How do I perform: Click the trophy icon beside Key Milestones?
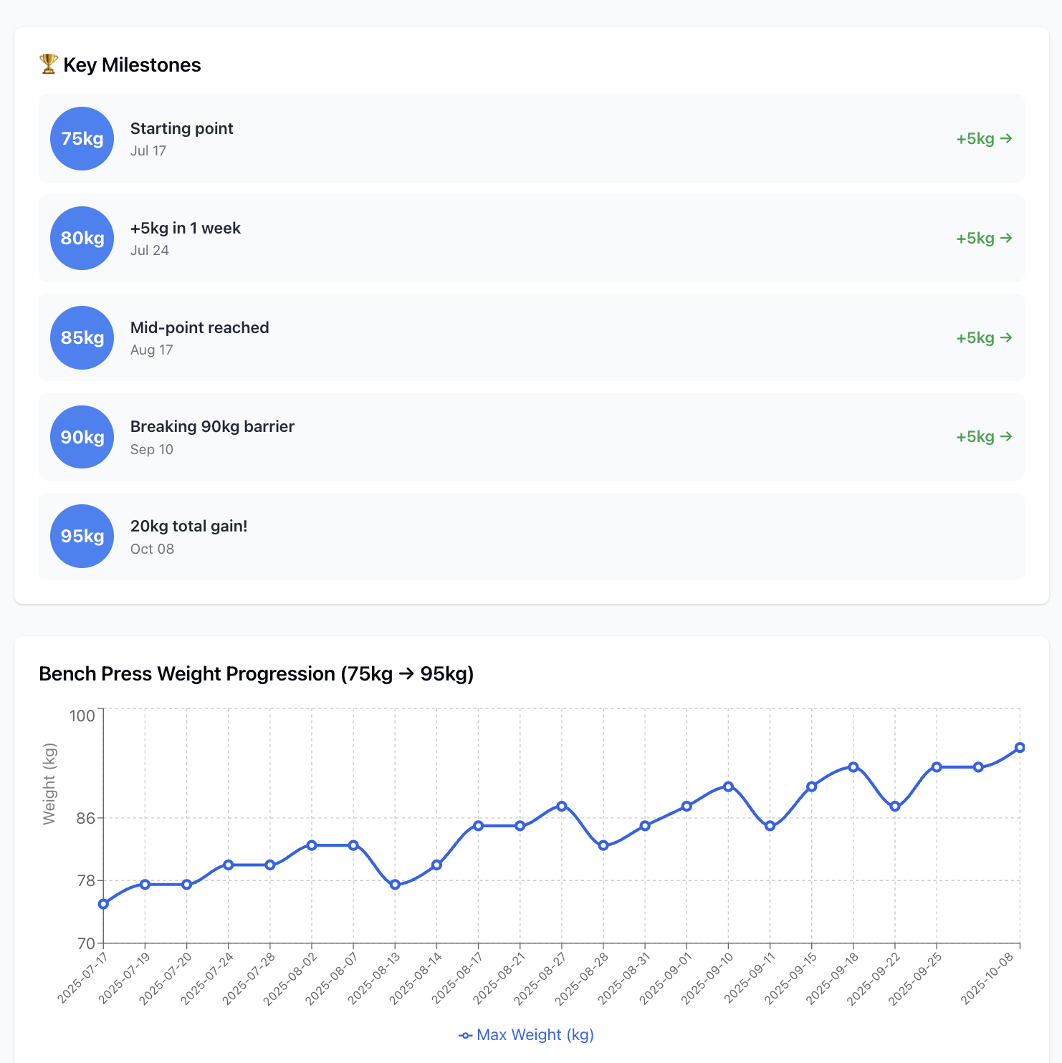[48, 64]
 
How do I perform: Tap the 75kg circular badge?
[82, 139]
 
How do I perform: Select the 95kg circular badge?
[82, 537]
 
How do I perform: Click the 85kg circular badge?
[82, 338]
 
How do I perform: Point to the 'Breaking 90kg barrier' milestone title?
[212, 427]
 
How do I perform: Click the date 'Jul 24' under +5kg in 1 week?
[150, 251]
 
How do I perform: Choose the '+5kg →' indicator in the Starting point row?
[984, 139]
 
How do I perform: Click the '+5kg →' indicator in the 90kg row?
[984, 437]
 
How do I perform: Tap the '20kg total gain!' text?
[188, 526]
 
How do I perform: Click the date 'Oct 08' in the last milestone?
[152, 549]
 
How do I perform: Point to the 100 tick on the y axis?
[82, 716]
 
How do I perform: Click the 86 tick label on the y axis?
[85, 818]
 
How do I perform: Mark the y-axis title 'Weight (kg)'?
[49, 784]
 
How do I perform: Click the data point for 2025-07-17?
[103, 904]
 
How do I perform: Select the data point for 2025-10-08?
[1020, 748]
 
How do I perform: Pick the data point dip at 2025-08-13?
[395, 885]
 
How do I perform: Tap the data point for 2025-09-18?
[853, 767]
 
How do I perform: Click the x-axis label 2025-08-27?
[541, 978]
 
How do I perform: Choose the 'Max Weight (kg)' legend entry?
[527, 1035]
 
